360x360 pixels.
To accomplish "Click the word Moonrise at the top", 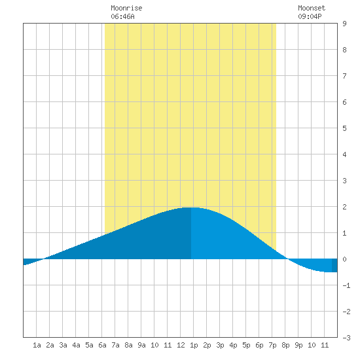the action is [126, 8].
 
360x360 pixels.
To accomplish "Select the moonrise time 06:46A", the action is [122, 16].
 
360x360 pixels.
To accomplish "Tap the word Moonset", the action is [312, 8].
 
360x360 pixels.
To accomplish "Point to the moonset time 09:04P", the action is [310, 16].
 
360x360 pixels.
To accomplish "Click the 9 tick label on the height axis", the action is [344, 24].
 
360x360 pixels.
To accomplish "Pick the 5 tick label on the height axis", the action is [344, 128].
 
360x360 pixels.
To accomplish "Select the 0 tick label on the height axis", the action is [344, 259].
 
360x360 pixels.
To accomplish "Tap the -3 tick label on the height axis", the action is [346, 338].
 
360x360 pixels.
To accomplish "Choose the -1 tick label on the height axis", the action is [346, 285].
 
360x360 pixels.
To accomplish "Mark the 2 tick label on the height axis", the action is [344, 207].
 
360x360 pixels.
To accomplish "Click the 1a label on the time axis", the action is [37, 345].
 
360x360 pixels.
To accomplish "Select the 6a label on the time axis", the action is [102, 345].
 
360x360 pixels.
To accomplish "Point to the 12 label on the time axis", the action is [181, 345].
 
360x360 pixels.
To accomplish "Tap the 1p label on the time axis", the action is [194, 346].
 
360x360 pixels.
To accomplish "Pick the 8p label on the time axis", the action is [285, 346].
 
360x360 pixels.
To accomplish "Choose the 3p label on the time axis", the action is [220, 346].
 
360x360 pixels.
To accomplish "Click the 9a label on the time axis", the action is [141, 345].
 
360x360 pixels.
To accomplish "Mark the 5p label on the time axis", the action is [246, 346].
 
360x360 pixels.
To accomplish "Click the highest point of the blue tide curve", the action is [191, 207].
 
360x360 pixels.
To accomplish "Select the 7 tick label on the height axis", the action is [344, 76].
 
